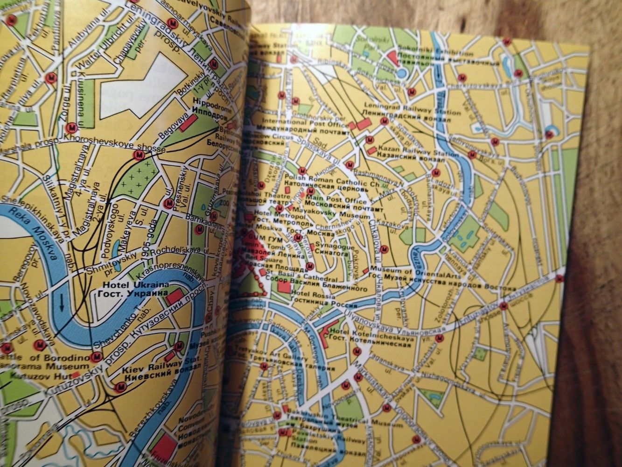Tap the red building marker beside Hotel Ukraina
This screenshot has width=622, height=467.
pyautogui.click(x=175, y=295)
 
